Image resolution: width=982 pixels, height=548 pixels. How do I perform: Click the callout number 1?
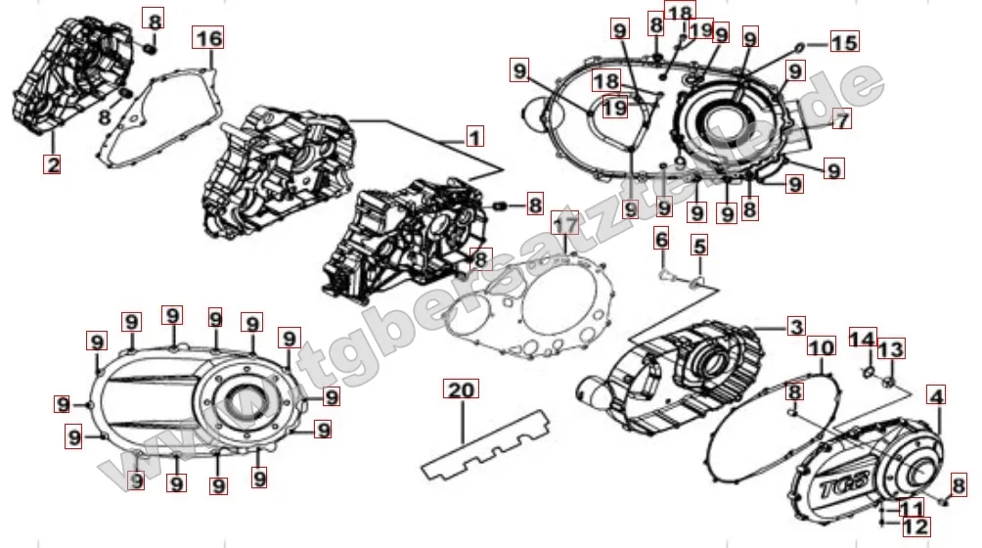(x=474, y=136)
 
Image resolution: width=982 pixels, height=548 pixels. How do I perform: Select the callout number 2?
(x=53, y=164)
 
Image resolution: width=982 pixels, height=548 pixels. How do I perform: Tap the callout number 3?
(x=796, y=327)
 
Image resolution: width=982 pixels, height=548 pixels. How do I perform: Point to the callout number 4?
(x=936, y=397)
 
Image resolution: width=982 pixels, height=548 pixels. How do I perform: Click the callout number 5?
(x=698, y=246)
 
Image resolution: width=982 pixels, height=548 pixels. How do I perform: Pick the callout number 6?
(x=661, y=238)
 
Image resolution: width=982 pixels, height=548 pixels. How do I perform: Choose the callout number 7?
(x=842, y=119)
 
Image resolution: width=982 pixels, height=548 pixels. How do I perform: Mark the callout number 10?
(x=821, y=347)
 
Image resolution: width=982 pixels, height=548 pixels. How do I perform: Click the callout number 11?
(x=911, y=508)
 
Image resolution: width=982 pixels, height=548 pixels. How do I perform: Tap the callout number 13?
(x=891, y=349)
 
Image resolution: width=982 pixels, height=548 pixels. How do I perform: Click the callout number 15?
(x=843, y=42)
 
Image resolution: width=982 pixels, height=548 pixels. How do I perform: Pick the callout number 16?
(x=209, y=38)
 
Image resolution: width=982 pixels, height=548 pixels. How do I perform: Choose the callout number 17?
(x=564, y=226)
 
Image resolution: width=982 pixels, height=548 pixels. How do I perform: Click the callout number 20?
(x=460, y=389)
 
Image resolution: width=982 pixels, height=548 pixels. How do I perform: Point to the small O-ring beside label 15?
(x=801, y=44)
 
